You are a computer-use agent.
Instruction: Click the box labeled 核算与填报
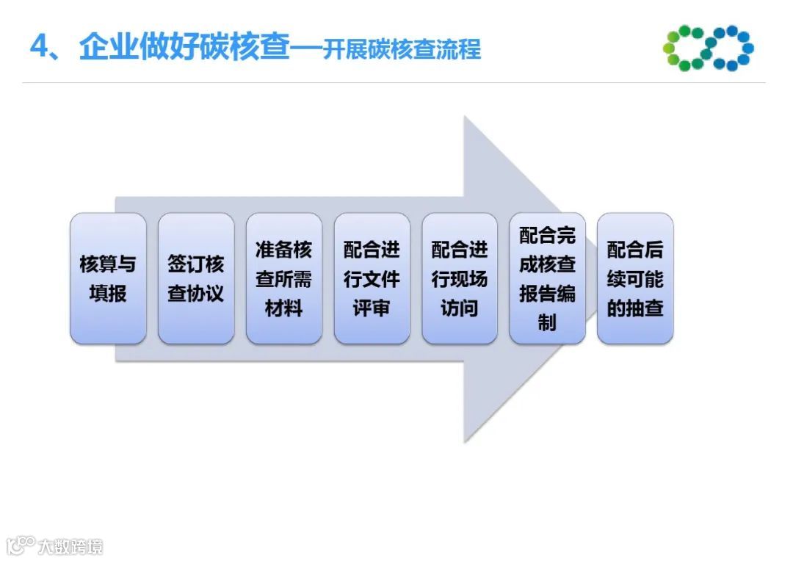pyautogui.click(x=108, y=278)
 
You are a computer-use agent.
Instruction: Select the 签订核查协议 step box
pyautogui.click(x=196, y=278)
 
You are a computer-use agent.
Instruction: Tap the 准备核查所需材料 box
pyautogui.click(x=283, y=278)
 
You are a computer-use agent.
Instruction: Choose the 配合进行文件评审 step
pyautogui.click(x=372, y=278)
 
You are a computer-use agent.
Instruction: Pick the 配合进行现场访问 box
pyautogui.click(x=460, y=278)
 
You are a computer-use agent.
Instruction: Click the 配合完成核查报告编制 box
pyautogui.click(x=547, y=278)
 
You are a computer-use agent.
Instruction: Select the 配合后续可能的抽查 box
pyautogui.click(x=635, y=278)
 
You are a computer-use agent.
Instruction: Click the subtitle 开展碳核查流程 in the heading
pyautogui.click(x=402, y=49)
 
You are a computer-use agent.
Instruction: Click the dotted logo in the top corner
pyautogui.click(x=708, y=48)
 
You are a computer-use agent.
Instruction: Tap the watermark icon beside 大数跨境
pyautogui.click(x=20, y=545)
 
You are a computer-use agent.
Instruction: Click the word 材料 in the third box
pyautogui.click(x=283, y=308)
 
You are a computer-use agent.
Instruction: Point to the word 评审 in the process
pyautogui.click(x=372, y=308)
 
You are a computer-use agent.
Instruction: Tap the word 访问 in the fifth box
pyautogui.click(x=460, y=308)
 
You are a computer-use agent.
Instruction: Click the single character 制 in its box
pyautogui.click(x=547, y=322)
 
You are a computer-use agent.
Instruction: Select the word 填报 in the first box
pyautogui.click(x=108, y=293)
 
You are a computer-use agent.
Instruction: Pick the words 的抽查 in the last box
pyautogui.click(x=635, y=308)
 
